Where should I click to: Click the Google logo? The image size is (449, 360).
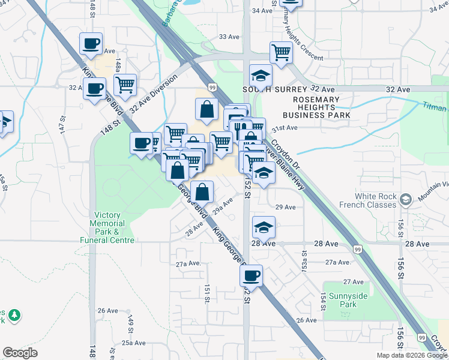[x=20, y=352]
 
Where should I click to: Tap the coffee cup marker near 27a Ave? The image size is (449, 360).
[x=251, y=276]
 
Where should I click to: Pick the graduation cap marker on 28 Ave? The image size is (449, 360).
[x=263, y=227]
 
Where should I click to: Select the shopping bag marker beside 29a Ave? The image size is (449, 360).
[x=203, y=192]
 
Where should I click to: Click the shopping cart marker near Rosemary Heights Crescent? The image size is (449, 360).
[x=281, y=53]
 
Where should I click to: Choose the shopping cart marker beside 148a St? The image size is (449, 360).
[x=125, y=85]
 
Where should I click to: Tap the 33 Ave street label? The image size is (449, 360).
[x=229, y=37]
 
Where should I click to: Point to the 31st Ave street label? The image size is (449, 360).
[x=285, y=128]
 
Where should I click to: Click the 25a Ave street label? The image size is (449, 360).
[x=134, y=343]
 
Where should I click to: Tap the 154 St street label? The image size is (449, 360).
[x=323, y=301]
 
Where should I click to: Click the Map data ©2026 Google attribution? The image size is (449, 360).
[x=412, y=355]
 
